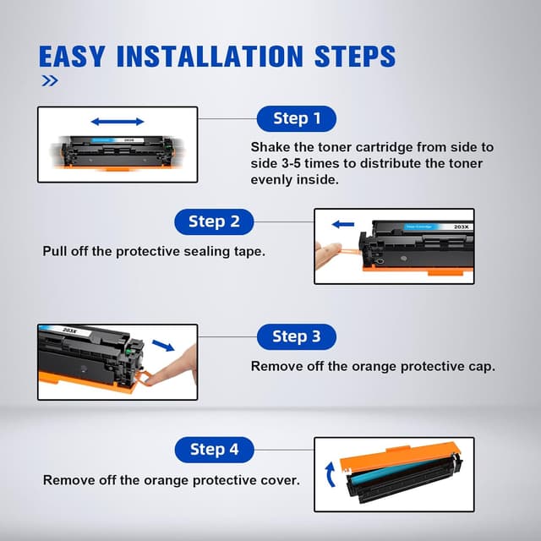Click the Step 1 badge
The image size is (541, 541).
click(x=297, y=118)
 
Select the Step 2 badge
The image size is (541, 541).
click(x=214, y=221)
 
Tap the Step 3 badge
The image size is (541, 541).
click(x=297, y=336)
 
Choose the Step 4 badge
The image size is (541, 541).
click(x=214, y=450)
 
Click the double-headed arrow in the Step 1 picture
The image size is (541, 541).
click(x=117, y=122)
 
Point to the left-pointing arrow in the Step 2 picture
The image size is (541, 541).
click(x=343, y=225)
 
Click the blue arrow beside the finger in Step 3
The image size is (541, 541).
click(x=163, y=346)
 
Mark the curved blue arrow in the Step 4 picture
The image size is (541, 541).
click(x=330, y=474)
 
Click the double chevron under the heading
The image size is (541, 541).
click(x=50, y=81)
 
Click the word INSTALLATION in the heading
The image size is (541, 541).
click(x=210, y=57)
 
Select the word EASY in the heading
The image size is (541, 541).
click(x=71, y=57)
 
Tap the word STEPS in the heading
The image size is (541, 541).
click(x=355, y=57)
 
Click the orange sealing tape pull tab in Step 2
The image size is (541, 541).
click(x=349, y=249)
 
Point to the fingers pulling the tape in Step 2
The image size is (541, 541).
click(x=327, y=254)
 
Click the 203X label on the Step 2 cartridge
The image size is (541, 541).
click(x=462, y=227)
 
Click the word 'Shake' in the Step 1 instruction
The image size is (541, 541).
click(x=270, y=147)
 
